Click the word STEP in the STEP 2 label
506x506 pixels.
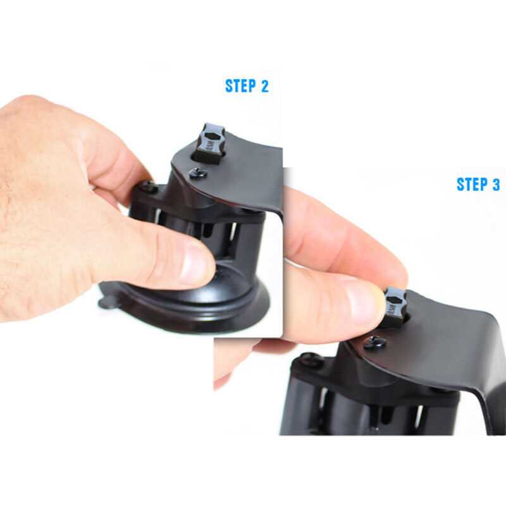click(241, 86)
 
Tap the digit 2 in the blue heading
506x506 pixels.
click(264, 86)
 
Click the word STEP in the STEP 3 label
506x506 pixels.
click(472, 184)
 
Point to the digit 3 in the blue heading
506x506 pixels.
click(496, 184)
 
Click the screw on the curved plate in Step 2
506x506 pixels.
click(197, 173)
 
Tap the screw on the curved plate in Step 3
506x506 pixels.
click(375, 342)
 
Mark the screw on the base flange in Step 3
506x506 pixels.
click(311, 359)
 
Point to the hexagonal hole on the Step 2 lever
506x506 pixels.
click(211, 135)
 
